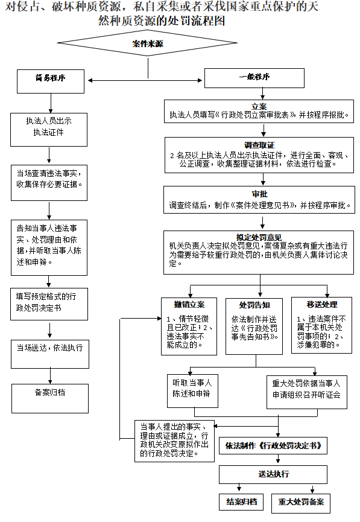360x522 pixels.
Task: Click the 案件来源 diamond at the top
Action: (x=148, y=44)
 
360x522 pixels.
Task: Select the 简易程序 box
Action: (x=50, y=79)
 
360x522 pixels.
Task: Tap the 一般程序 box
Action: (x=254, y=77)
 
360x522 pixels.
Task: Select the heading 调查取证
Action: (x=259, y=145)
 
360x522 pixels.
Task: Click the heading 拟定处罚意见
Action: (x=259, y=237)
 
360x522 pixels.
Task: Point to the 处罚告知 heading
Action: (x=254, y=304)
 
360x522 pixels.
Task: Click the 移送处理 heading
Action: (x=321, y=304)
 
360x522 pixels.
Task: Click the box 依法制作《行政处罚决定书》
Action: (x=277, y=447)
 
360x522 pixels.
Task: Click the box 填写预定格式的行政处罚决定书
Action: (x=49, y=302)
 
